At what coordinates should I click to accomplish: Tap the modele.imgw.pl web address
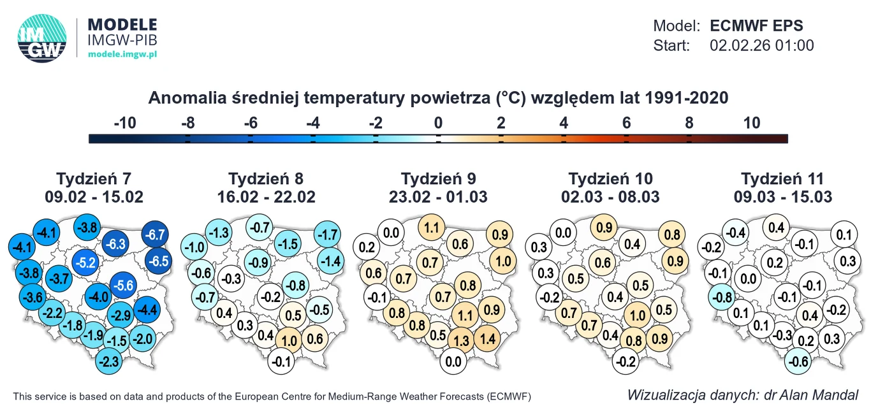pyautogui.click(x=122, y=55)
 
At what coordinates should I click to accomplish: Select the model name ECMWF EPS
pyautogui.click(x=756, y=26)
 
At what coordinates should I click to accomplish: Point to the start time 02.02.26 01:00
pyautogui.click(x=761, y=45)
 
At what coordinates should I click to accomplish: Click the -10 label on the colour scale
pyautogui.click(x=124, y=123)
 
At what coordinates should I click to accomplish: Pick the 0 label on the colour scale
pyautogui.click(x=438, y=123)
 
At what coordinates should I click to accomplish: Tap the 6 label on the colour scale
pyautogui.click(x=626, y=123)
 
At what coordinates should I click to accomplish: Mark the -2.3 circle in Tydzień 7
pyautogui.click(x=110, y=363)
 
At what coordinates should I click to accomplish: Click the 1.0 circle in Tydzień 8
pyautogui.click(x=289, y=340)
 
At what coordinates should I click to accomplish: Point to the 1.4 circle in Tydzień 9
pyautogui.click(x=488, y=339)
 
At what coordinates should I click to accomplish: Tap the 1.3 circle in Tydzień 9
pyautogui.click(x=462, y=340)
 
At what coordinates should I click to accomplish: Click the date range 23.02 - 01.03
pyautogui.click(x=438, y=197)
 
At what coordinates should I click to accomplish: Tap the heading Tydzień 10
pyautogui.click(x=611, y=178)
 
